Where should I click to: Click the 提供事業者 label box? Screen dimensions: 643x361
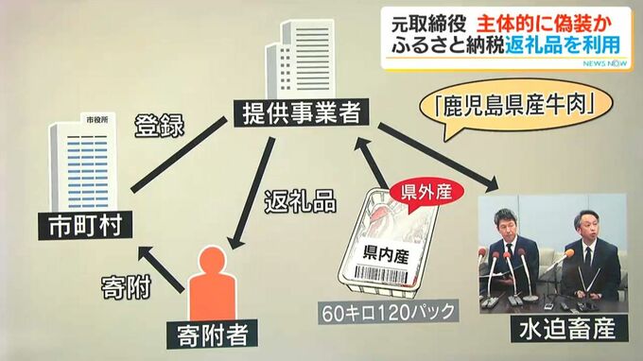tap(301, 112)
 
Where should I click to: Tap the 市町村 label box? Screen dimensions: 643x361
tap(85, 225)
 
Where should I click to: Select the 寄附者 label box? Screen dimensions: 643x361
tap(212, 335)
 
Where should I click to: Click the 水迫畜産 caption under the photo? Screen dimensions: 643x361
tap(569, 328)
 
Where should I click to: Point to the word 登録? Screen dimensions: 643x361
tap(160, 125)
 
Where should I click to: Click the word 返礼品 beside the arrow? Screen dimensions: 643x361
tap(300, 201)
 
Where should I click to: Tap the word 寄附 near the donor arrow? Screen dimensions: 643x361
tap(127, 287)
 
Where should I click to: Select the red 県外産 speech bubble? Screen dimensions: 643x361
tap(426, 194)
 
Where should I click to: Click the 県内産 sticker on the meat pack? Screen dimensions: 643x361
tap(386, 254)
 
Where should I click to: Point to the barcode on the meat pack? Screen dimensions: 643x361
tap(381, 275)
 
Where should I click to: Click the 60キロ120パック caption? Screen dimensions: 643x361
tap(389, 313)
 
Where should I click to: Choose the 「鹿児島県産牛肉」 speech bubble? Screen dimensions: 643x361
tap(515, 108)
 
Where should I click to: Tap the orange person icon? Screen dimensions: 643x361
tap(213, 283)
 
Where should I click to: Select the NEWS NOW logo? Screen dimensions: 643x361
tap(604, 63)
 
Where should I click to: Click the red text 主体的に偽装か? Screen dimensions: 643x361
tap(544, 25)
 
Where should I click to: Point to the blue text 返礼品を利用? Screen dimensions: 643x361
tap(562, 44)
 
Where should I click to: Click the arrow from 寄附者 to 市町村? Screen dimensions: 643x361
tap(161, 268)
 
